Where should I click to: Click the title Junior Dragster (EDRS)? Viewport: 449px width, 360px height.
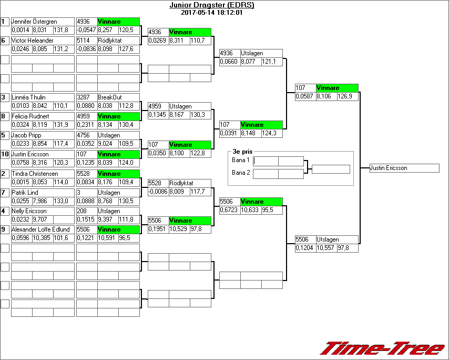pos(211,5)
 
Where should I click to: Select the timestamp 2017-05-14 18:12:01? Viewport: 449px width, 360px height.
pos(211,12)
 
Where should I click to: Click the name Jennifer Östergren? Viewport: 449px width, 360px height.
pos(34,22)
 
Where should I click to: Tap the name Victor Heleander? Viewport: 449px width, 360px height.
pos(33,41)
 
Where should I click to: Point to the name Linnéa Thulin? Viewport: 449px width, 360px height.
pos(28,97)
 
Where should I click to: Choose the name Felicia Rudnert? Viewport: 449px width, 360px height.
pos(32,116)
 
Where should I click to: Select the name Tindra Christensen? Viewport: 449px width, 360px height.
pos(35,173)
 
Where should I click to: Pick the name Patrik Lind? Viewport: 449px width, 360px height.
pos(25,193)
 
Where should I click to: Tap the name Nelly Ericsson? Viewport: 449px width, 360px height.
pos(29,211)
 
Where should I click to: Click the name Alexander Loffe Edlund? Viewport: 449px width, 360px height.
pos(40,229)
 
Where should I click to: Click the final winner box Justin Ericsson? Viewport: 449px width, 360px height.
pos(404,168)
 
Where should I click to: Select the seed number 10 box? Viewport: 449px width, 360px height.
pos(5,154)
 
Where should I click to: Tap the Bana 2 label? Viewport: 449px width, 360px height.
pos(241,173)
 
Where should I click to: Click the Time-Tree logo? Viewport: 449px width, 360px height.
pos(383,348)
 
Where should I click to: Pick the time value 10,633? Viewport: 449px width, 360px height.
pos(251,209)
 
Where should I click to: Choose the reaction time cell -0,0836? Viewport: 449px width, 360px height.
pos(86,49)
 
